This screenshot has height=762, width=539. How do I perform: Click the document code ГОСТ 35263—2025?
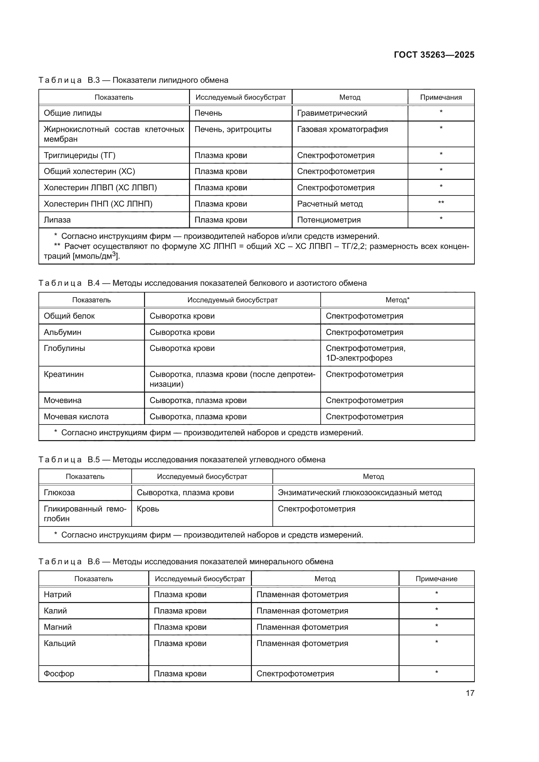pyautogui.click(x=434, y=55)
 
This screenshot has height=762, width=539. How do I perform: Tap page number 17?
pyautogui.click(x=470, y=693)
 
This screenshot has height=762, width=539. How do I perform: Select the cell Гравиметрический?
pyautogui.click(x=332, y=113)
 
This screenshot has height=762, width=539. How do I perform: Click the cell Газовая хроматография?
pyautogui.click(x=342, y=129)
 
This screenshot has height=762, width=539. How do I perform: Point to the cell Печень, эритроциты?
pyautogui.click(x=233, y=129)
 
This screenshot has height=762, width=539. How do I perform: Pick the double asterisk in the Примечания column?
pyautogui.click(x=441, y=202)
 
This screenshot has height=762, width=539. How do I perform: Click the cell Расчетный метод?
pyautogui.click(x=329, y=204)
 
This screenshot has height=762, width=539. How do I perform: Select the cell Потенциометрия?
pyautogui.click(x=328, y=220)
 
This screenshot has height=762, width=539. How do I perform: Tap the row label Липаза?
pyautogui.click(x=57, y=220)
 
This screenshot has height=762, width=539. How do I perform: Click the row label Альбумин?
pyautogui.click(x=62, y=332)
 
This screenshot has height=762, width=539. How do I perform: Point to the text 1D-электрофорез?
pyautogui.click(x=359, y=358)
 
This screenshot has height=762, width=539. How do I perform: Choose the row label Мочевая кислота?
pyautogui.click(x=76, y=417)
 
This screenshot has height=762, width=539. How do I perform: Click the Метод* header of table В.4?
pyautogui.click(x=397, y=300)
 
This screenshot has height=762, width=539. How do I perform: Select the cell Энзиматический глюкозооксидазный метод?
pyautogui.click(x=360, y=493)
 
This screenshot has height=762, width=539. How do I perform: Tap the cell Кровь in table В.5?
pyautogui.click(x=148, y=509)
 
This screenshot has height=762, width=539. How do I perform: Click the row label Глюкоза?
pyautogui.click(x=59, y=493)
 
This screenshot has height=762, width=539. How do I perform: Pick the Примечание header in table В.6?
pyautogui.click(x=436, y=579)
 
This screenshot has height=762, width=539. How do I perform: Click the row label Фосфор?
pyautogui.click(x=59, y=674)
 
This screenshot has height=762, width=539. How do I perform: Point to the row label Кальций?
pyautogui.click(x=60, y=643)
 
